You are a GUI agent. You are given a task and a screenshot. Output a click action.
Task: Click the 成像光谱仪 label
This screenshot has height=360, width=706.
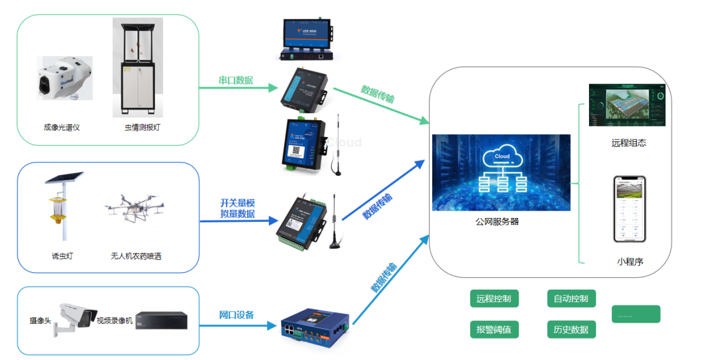(x=62, y=128)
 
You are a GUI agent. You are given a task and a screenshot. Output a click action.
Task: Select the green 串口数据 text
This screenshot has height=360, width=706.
(x=235, y=80)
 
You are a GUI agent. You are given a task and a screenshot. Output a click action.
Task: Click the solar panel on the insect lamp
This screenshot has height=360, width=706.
(x=64, y=177)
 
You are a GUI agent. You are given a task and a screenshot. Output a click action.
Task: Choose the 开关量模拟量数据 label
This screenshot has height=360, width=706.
(x=237, y=208)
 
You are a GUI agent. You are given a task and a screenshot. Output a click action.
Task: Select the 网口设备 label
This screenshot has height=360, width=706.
(x=237, y=315)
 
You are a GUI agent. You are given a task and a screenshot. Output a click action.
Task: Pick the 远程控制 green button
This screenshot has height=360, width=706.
(x=494, y=298)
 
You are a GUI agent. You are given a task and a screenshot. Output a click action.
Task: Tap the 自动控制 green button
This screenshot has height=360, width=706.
(x=571, y=298)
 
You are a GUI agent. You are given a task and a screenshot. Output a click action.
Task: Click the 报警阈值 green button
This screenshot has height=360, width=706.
(x=494, y=329)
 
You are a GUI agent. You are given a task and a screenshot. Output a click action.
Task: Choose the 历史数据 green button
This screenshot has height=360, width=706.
(x=571, y=329)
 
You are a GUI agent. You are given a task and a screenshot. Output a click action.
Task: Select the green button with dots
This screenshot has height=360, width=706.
(x=636, y=315)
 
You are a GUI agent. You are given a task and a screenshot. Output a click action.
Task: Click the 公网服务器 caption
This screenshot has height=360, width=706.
(x=497, y=221)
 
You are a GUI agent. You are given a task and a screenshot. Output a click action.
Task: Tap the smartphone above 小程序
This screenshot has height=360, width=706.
(x=629, y=209)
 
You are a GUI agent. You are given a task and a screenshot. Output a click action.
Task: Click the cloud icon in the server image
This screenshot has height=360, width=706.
(x=501, y=156)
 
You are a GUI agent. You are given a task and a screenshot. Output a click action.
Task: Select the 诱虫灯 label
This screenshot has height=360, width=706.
(x=62, y=256)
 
